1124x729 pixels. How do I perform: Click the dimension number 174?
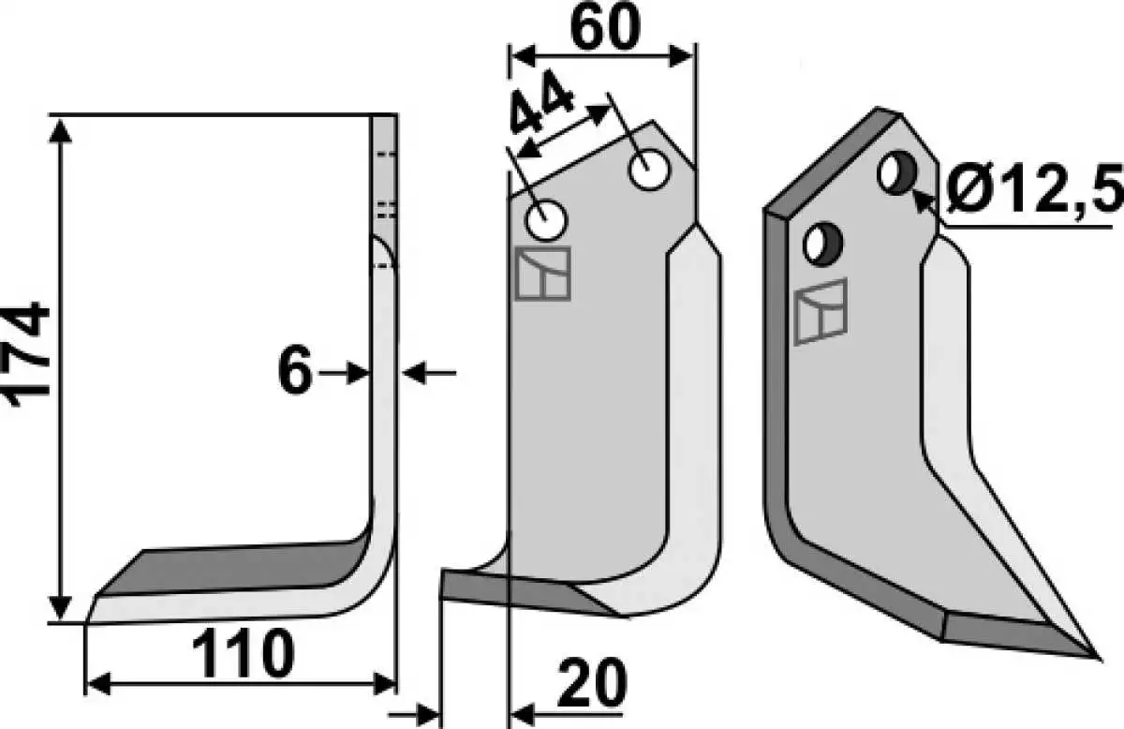click(x=27, y=354)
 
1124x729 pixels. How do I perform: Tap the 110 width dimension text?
click(x=243, y=654)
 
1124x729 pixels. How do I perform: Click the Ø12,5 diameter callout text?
click(x=1035, y=188)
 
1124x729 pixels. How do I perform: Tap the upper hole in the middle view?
click(x=649, y=170)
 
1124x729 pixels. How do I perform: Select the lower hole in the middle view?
click(x=546, y=220)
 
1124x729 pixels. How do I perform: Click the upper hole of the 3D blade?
click(x=896, y=173)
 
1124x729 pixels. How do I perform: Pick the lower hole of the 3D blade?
click(x=822, y=245)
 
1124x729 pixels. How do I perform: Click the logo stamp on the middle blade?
click(x=543, y=275)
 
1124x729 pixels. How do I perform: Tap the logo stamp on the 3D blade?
click(x=821, y=312)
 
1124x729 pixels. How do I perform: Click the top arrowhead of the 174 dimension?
click(x=61, y=130)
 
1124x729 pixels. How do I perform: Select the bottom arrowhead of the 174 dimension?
click(x=60, y=607)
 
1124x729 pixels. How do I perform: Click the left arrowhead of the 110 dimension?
click(x=99, y=684)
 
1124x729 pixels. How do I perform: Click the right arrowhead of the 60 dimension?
click(x=682, y=55)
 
